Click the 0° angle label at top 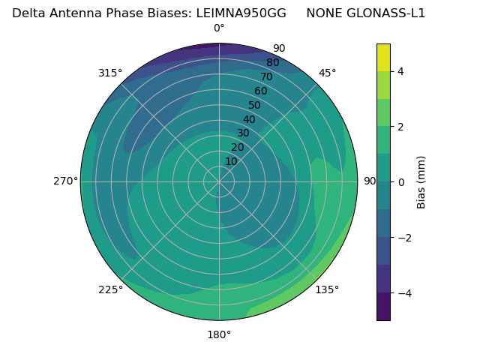click(x=219, y=28)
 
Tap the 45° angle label click(x=327, y=73)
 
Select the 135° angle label click(x=327, y=289)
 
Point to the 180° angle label click(x=219, y=334)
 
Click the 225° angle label click(x=110, y=289)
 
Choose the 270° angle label click(x=65, y=181)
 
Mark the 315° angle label click(x=110, y=73)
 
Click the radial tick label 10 click(x=231, y=161)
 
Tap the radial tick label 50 click(x=255, y=106)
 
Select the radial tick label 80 click(x=273, y=63)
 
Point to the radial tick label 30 click(x=243, y=133)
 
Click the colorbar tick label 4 click(x=401, y=71)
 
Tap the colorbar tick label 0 click(x=401, y=181)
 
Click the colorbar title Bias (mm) click(x=421, y=181)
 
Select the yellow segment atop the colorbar click(x=383, y=58)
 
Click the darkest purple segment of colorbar click(x=383, y=306)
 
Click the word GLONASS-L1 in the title click(x=386, y=13)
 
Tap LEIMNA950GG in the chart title click(x=241, y=13)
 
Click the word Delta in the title click(x=28, y=13)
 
